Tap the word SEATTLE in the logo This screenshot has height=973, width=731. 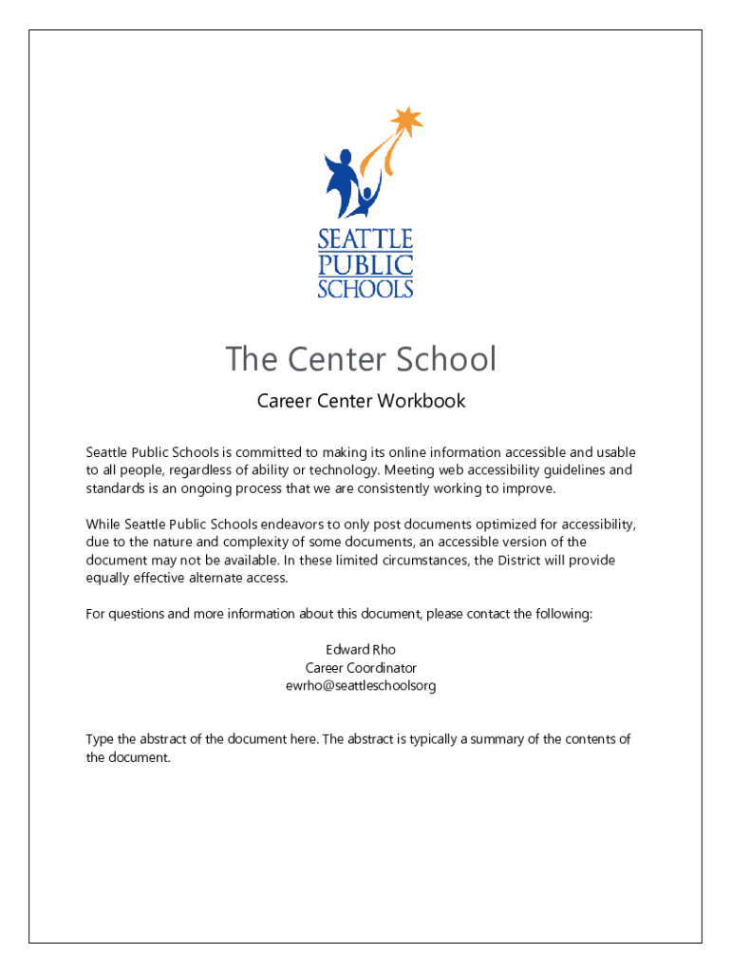tap(365, 238)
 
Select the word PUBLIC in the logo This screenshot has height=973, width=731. tap(365, 264)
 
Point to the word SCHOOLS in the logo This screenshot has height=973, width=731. tap(365, 288)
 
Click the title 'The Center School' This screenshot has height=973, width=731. tap(361, 359)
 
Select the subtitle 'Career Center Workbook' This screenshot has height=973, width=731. tap(361, 401)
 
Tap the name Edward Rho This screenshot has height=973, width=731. tap(361, 650)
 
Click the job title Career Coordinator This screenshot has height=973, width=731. tap(361, 668)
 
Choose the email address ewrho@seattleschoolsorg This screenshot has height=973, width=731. tap(361, 685)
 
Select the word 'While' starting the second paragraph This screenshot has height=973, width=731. tap(103, 525)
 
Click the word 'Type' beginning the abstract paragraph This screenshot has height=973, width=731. tap(101, 739)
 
